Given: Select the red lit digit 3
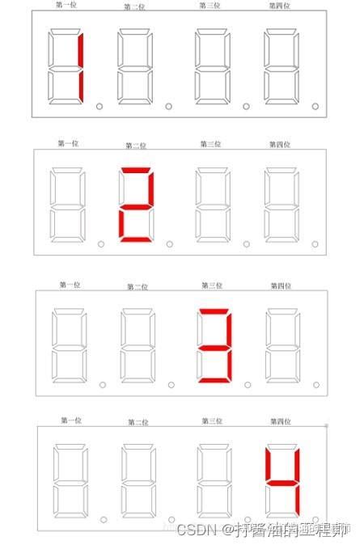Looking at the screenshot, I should click(x=216, y=346).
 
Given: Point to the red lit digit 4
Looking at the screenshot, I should click(x=285, y=484).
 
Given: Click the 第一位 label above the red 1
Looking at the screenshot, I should click(x=67, y=6).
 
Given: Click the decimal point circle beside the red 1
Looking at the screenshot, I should click(x=100, y=106).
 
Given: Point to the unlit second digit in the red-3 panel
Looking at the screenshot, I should click(x=138, y=346).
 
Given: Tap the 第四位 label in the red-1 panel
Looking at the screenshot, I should click(x=280, y=6).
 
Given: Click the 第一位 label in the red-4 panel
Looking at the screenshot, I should click(x=70, y=420).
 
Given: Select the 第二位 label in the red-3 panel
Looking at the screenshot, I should click(x=138, y=286).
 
